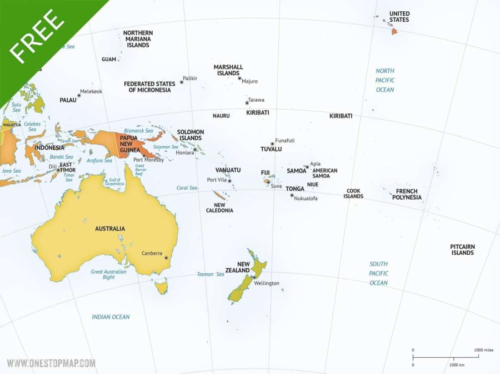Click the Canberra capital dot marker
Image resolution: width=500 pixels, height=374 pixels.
coord(166,258)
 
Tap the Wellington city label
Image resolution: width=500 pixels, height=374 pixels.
coord(266,283)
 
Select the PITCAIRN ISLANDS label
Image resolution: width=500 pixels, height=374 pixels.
coord(463,250)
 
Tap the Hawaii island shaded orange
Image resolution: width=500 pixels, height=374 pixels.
coord(394,31)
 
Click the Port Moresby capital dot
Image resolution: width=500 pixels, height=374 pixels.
coord(144,156)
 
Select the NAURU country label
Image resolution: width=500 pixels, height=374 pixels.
coord(221,116)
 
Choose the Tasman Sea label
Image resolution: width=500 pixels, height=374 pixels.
coord(210,274)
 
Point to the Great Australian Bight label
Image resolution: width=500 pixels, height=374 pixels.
coord(109,274)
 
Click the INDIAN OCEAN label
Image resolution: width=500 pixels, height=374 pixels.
coord(110,317)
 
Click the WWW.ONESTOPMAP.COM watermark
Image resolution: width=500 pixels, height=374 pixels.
coord(51,363)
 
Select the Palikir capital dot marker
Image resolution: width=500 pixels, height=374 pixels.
coord(181,82)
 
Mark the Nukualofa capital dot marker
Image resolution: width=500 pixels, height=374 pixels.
coord(292,195)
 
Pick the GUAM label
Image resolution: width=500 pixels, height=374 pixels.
coord(109,59)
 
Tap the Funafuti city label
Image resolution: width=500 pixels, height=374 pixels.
coord(285,141)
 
